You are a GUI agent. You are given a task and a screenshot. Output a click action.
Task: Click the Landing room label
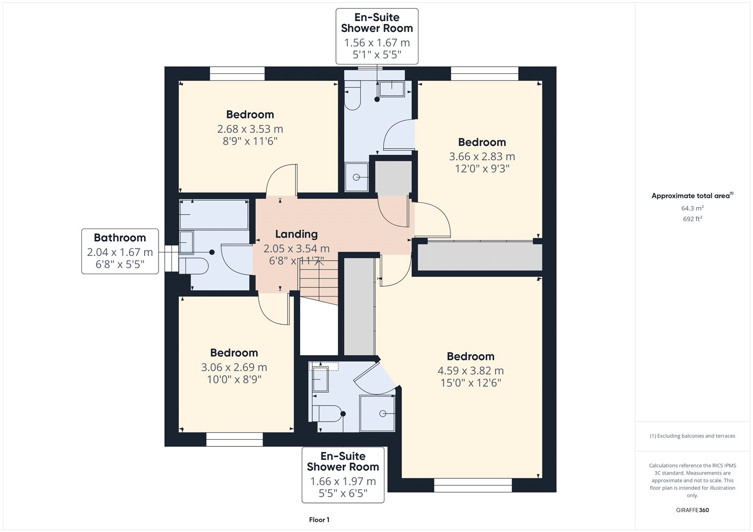pyautogui.click(x=296, y=234)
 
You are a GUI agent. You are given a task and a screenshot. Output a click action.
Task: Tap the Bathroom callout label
pyautogui.click(x=120, y=238)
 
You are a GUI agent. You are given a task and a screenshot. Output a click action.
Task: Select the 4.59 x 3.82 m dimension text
pyautogui.click(x=471, y=371)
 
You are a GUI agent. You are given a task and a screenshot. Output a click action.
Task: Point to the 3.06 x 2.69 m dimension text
pyautogui.click(x=234, y=367)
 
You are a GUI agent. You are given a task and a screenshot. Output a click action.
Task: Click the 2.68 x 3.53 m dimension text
pyautogui.click(x=250, y=129)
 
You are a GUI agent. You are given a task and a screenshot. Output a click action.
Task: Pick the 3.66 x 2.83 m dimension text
pyautogui.click(x=482, y=157)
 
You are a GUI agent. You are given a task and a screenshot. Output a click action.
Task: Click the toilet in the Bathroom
pyautogui.click(x=193, y=266)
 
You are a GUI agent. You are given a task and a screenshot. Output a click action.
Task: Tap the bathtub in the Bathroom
pyautogui.click(x=214, y=215)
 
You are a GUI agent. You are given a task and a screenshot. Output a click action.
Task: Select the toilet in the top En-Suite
pyautogui.click(x=352, y=95)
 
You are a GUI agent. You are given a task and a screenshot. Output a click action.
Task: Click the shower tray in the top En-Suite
pyautogui.click(x=356, y=177)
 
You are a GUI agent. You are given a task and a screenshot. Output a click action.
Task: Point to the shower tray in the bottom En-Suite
pyautogui.click(x=377, y=413)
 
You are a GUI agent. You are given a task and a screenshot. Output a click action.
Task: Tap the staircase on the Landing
pyautogui.click(x=319, y=282)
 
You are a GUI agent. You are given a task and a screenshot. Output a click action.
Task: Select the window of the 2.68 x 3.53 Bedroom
pyautogui.click(x=237, y=73)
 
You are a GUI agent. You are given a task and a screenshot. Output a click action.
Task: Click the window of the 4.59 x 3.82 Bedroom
pyautogui.click(x=473, y=485)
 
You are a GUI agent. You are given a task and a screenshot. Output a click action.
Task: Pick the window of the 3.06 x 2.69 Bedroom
pyautogui.click(x=234, y=440)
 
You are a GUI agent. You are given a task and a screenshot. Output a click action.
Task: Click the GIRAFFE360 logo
pyautogui.click(x=692, y=510)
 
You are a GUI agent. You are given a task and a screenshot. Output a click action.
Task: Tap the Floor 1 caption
pyautogui.click(x=320, y=520)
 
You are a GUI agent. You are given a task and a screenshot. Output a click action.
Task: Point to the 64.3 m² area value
pyautogui.click(x=692, y=208)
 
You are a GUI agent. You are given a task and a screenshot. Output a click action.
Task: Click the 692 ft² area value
pyautogui.click(x=692, y=219)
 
